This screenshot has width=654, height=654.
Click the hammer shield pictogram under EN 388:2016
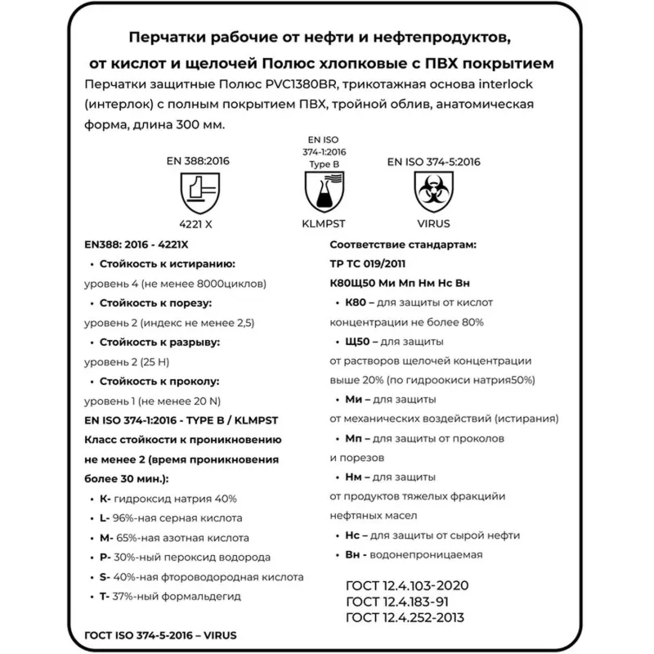(x=195, y=192)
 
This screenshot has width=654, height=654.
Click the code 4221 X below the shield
(x=195, y=222)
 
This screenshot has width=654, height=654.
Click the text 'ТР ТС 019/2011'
(x=367, y=263)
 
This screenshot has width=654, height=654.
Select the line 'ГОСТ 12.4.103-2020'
(x=407, y=587)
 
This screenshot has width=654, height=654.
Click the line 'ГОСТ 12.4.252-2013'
(x=409, y=616)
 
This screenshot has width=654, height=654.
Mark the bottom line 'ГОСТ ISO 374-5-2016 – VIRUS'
(x=163, y=634)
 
